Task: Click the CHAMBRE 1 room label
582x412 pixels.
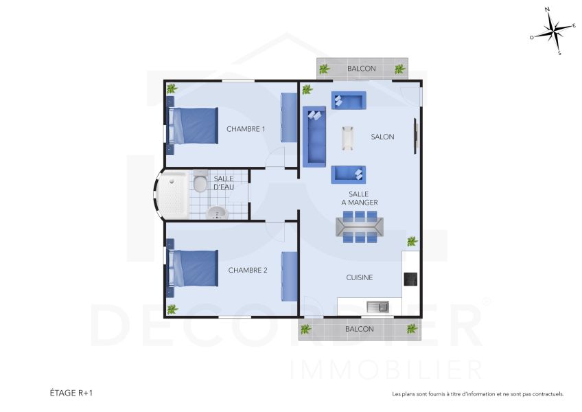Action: click(x=246, y=129)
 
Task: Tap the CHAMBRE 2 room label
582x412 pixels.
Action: click(x=248, y=271)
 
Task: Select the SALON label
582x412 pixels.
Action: click(x=382, y=137)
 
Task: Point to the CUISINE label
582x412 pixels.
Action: click(x=360, y=277)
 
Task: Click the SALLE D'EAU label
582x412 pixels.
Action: click(x=224, y=183)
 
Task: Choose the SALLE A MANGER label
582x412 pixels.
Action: click(x=359, y=198)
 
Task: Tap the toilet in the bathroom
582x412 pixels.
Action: click(x=200, y=183)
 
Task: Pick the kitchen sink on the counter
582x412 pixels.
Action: click(x=377, y=306)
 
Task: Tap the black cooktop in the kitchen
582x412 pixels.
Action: click(x=410, y=278)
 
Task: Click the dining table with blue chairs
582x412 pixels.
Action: click(x=360, y=227)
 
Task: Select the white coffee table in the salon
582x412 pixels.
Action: click(x=348, y=137)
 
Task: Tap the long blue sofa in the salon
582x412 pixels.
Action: click(x=315, y=136)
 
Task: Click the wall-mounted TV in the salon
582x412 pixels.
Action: click(x=415, y=136)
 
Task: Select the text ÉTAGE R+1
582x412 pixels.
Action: click(x=71, y=393)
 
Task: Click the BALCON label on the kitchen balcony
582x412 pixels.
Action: click(x=360, y=329)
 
